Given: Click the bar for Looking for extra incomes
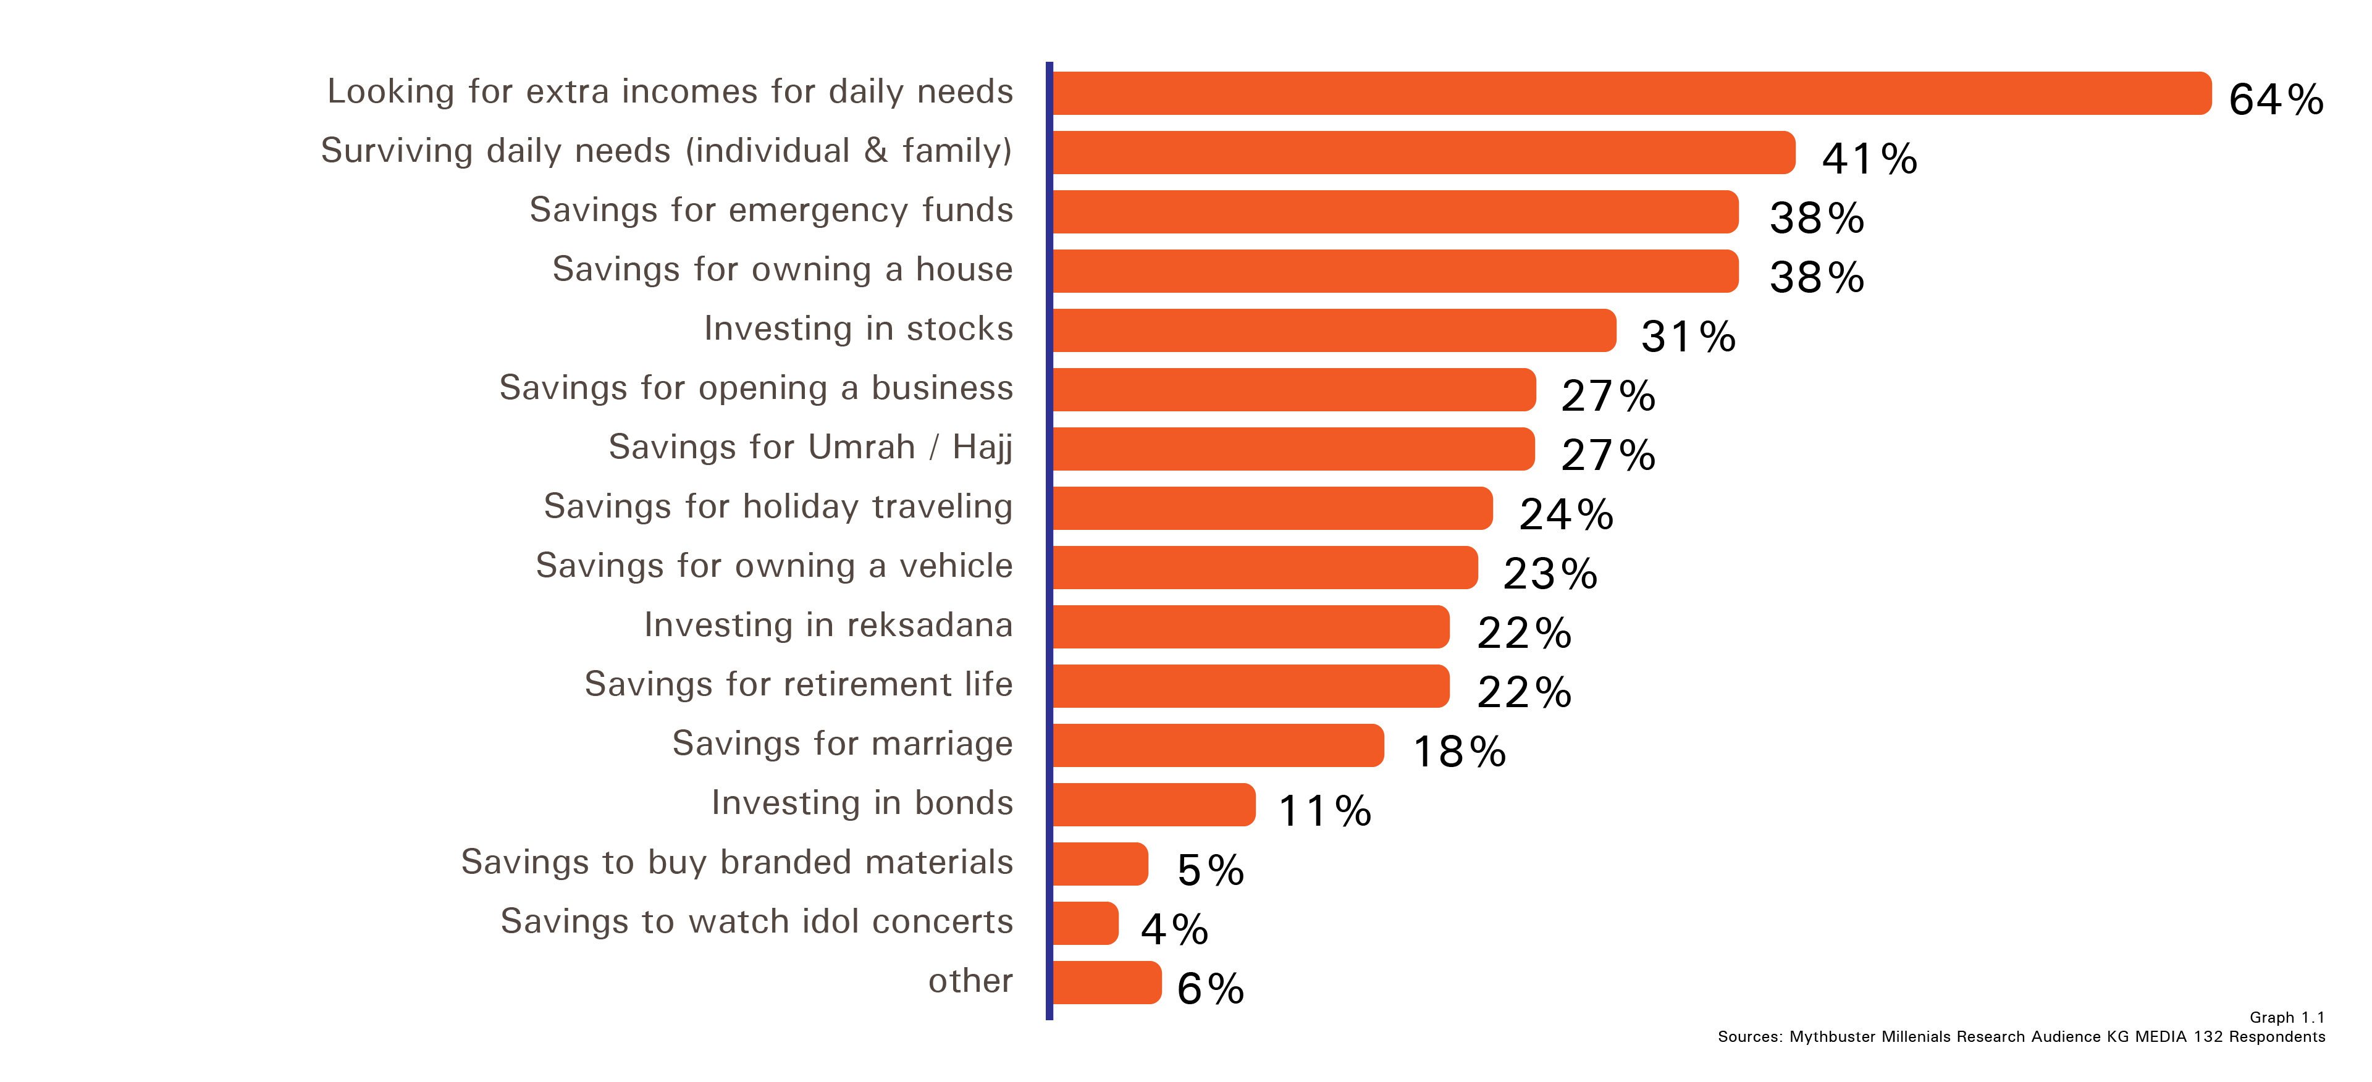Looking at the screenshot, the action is coord(1631,93).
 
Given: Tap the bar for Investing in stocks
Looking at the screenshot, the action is coord(1334,330).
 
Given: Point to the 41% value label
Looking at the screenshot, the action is coord(1869,158).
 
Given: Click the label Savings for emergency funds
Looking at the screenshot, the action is coord(771,210).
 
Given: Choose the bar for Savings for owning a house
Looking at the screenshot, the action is coord(1395,270).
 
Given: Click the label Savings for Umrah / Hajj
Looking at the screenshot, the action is coord(810,448).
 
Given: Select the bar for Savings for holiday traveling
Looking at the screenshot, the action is coord(1272,508).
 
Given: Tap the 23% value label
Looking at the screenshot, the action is coord(1550,574).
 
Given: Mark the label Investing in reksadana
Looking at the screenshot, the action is coord(828,624).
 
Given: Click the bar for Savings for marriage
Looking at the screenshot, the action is coord(1218,745).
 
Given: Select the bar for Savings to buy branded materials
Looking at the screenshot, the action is coord(1100,864).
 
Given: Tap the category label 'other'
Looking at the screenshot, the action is coord(970,981).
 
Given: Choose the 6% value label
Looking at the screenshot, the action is coord(1210,989).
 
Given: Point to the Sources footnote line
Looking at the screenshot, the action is coord(2021,1037).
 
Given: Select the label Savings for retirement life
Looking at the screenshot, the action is coord(798,684).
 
